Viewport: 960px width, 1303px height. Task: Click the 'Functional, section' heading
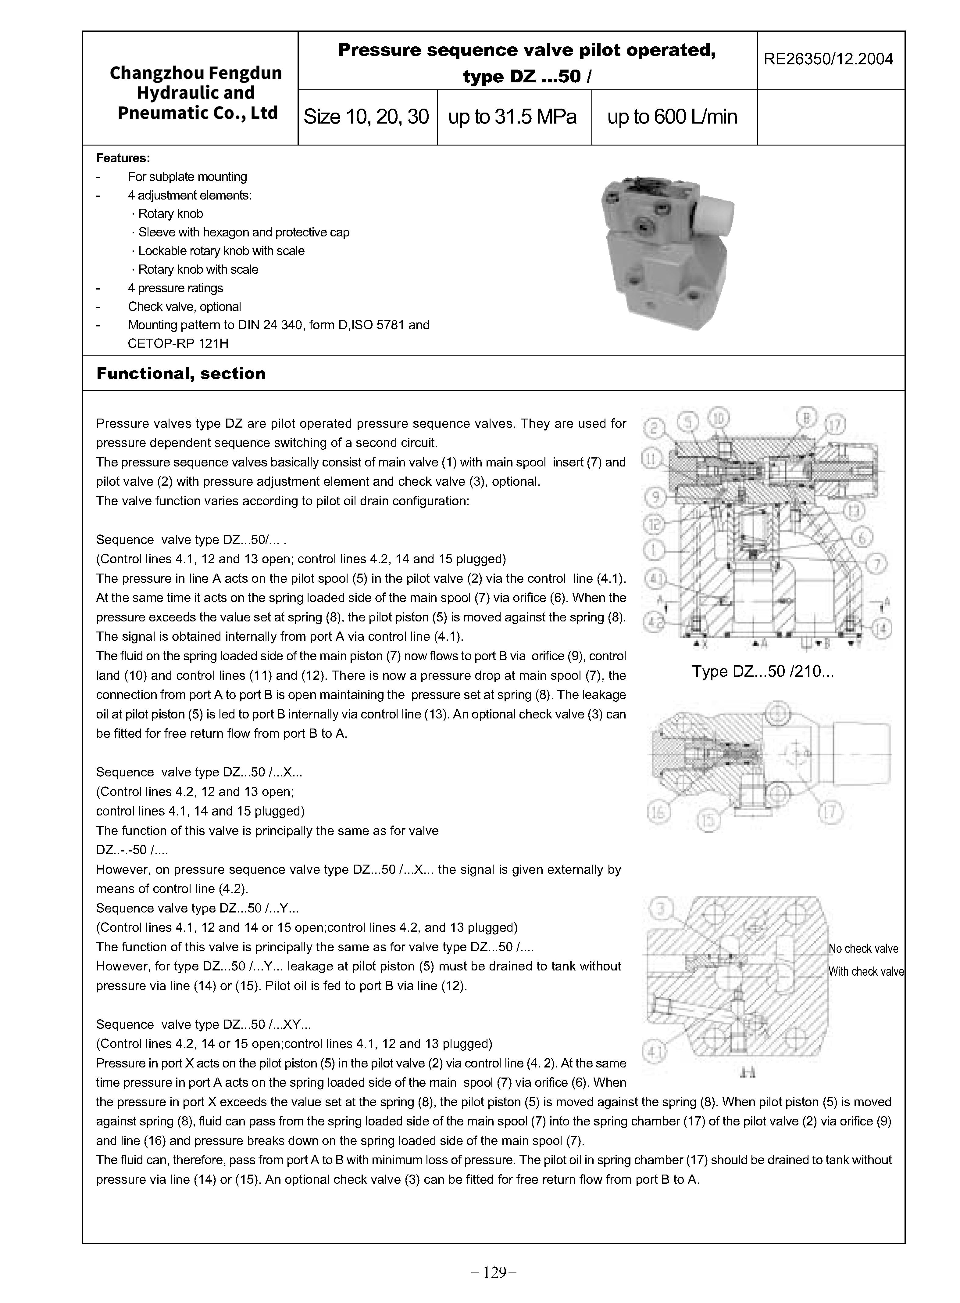point(181,373)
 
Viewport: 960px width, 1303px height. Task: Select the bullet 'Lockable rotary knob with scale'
point(221,250)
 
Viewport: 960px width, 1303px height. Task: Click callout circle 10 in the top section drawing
point(719,418)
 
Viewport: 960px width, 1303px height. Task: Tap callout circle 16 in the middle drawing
point(658,812)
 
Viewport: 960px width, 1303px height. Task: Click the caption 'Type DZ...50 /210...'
point(762,671)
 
